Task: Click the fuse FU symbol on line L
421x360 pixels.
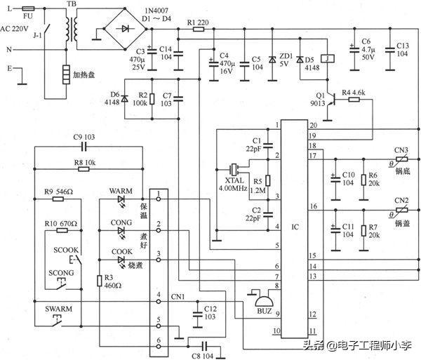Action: click(x=27, y=11)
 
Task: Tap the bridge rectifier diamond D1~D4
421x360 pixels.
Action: click(x=126, y=29)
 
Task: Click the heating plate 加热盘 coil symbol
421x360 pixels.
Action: click(x=66, y=74)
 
